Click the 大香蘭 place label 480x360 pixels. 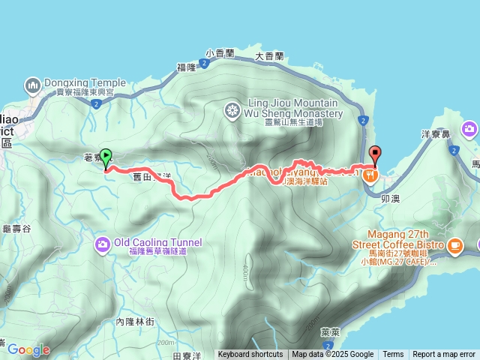tap(269, 55)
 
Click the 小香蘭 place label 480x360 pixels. tap(220, 53)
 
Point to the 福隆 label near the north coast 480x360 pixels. tap(186, 67)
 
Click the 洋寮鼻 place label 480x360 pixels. tap(435, 133)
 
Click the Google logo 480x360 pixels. tap(28, 349)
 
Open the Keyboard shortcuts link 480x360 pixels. tap(250, 355)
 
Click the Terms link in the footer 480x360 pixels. tap(393, 355)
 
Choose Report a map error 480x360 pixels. tap(445, 355)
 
